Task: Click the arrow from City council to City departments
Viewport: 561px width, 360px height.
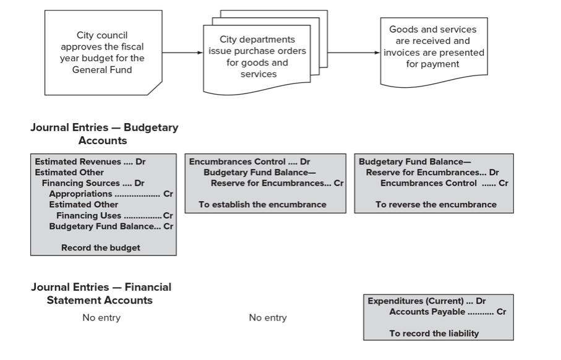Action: [x=182, y=53]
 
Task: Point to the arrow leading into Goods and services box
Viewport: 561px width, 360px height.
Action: [x=353, y=53]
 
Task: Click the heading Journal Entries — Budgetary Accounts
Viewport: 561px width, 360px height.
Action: [x=105, y=134]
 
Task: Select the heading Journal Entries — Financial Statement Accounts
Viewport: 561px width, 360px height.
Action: [x=101, y=293]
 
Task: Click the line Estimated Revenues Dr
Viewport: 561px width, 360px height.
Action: [x=90, y=162]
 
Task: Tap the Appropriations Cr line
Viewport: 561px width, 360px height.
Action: [x=111, y=194]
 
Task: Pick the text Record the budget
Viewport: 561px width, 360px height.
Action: [x=101, y=247]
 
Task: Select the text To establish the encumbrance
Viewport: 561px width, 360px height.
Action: [x=262, y=204]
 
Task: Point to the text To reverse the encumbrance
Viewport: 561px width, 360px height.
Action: [x=435, y=204]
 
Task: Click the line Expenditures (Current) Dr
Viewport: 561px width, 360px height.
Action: [x=427, y=301]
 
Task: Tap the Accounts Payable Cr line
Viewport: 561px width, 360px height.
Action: [x=447, y=312]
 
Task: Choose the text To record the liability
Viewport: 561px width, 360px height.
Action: [x=434, y=333]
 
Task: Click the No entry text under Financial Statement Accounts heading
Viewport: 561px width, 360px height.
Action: [x=101, y=317]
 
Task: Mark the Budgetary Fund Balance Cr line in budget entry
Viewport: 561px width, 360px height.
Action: [x=111, y=226]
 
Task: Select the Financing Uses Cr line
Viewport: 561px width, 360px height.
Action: [x=114, y=215]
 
